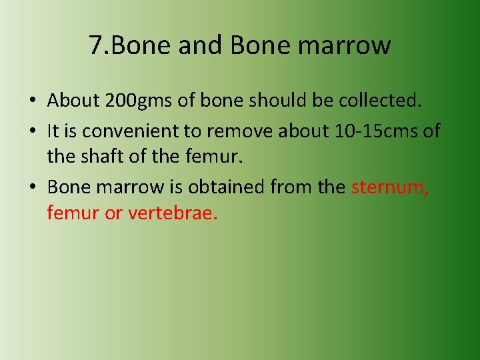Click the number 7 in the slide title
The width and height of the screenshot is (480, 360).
(x=95, y=45)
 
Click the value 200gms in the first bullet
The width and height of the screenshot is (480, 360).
(x=136, y=101)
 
